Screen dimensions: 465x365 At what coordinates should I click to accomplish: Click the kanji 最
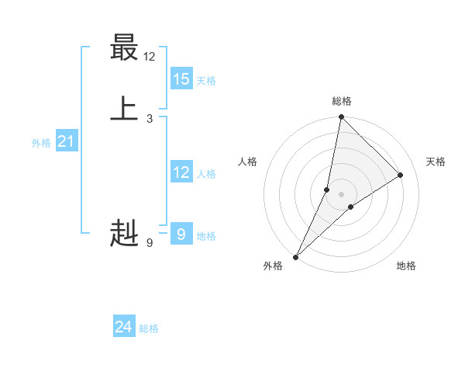click(x=124, y=47)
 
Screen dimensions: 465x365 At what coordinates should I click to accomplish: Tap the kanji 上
click(x=124, y=108)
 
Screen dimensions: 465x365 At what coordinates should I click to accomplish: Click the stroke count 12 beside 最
click(x=150, y=57)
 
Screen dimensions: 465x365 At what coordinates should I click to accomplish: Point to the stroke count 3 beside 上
click(x=150, y=118)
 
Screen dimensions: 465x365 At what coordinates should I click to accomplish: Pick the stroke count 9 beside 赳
click(x=150, y=243)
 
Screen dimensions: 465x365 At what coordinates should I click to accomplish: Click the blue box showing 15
click(x=181, y=79)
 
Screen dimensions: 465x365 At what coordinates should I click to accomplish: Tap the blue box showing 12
click(x=181, y=172)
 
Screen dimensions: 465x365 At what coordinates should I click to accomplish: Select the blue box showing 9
click(x=181, y=234)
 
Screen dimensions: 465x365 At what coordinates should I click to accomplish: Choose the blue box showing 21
click(x=67, y=141)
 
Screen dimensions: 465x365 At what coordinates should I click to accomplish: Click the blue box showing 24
click(x=124, y=328)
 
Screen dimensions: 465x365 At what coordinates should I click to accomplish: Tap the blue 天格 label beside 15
click(x=206, y=81)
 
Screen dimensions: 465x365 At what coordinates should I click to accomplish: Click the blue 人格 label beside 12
click(x=206, y=174)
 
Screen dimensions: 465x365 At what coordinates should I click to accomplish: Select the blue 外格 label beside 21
click(x=41, y=143)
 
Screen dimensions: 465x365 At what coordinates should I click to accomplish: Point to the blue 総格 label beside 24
click(x=149, y=329)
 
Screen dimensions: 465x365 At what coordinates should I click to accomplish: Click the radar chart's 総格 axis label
click(x=342, y=101)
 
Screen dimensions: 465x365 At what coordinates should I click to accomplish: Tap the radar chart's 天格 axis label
click(x=436, y=162)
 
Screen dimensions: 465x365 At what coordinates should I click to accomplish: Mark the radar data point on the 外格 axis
click(x=296, y=256)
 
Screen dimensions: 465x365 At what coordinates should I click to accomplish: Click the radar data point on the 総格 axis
click(x=341, y=116)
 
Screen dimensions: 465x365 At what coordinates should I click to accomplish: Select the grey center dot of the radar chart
click(x=342, y=194)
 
